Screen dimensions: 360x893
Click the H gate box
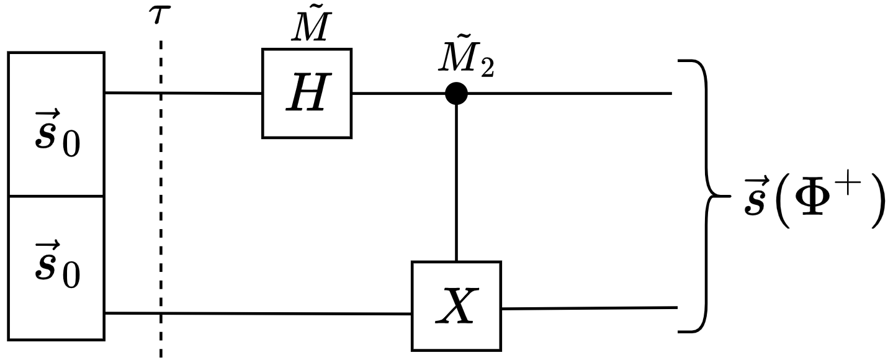307,94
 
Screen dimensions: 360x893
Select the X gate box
456,306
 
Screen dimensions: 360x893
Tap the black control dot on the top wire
456,94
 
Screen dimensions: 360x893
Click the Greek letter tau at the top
159,15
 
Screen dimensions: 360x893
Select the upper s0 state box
56,124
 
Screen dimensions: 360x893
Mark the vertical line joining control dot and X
456,180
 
